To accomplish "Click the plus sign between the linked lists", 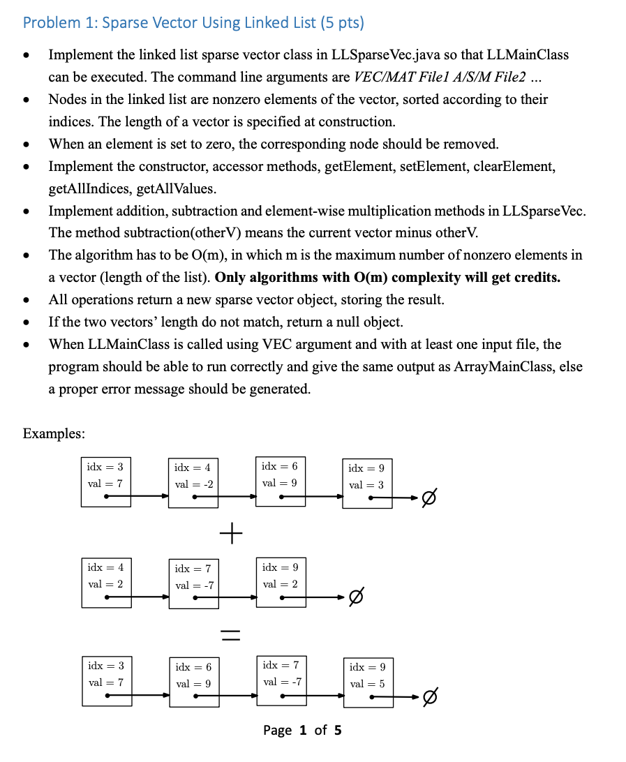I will (231, 535).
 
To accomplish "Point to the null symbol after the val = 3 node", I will (431, 498).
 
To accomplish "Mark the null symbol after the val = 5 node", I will (431, 697).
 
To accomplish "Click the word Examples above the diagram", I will (54, 433).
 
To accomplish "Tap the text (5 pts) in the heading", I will (342, 22).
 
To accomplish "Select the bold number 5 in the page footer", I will (338, 730).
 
